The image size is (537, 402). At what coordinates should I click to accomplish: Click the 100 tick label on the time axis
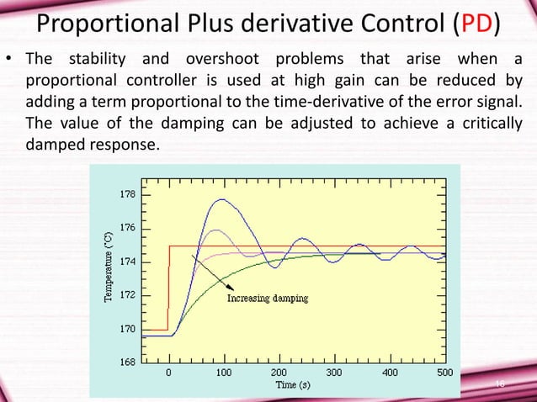[x=224, y=371]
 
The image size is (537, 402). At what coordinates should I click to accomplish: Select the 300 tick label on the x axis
[x=334, y=371]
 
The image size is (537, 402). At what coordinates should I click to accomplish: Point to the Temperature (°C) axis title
[x=107, y=269]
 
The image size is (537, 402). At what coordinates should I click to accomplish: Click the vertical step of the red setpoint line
[x=169, y=286]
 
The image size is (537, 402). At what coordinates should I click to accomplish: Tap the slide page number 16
[x=499, y=383]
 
